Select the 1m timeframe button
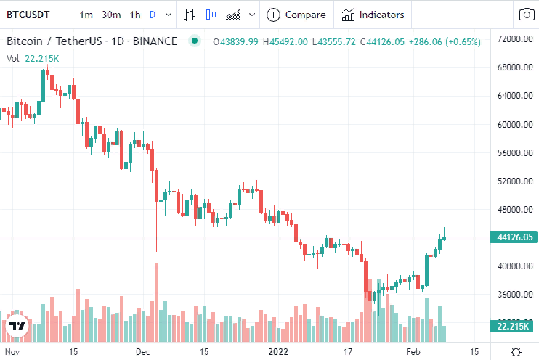click(86, 15)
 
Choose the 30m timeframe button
click(111, 15)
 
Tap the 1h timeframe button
click(135, 15)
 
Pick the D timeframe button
click(153, 15)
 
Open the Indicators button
click(373, 15)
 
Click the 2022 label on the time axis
click(278, 351)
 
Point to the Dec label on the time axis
click(142, 351)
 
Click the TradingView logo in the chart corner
click(17, 327)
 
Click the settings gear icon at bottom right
click(516, 351)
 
